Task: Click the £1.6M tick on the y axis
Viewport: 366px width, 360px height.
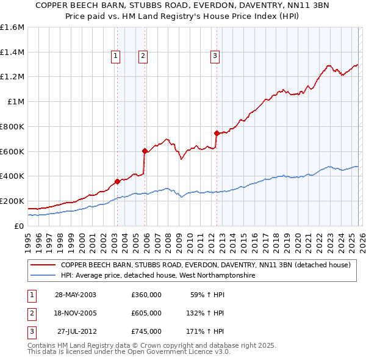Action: coord(12,27)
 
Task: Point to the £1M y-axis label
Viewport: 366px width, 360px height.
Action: coord(16,102)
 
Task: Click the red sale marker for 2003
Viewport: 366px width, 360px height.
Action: coord(117,181)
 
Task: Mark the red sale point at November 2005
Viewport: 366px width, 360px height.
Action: coord(145,151)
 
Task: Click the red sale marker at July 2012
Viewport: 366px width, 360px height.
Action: coord(217,133)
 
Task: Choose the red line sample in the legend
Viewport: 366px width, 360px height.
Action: coord(42,265)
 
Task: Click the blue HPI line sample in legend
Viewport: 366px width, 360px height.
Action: coord(42,276)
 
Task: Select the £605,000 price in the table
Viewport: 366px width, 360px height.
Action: coord(146,313)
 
